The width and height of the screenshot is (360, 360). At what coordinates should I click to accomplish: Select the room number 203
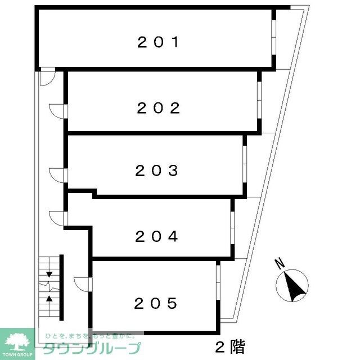tap(157, 170)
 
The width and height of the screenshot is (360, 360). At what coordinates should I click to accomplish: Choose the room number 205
tap(156, 304)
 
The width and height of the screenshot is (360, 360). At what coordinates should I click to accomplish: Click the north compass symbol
tap(292, 285)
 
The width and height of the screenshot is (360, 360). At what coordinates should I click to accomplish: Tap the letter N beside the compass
tap(278, 262)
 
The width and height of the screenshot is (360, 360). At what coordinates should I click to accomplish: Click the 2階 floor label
tap(230, 346)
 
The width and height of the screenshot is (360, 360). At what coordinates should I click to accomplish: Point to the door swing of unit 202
tap(58, 111)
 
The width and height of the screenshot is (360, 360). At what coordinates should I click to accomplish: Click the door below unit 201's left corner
tap(48, 77)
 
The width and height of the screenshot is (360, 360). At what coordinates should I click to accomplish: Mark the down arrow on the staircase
tap(49, 274)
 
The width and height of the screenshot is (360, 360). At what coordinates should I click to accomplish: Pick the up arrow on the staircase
tap(49, 298)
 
